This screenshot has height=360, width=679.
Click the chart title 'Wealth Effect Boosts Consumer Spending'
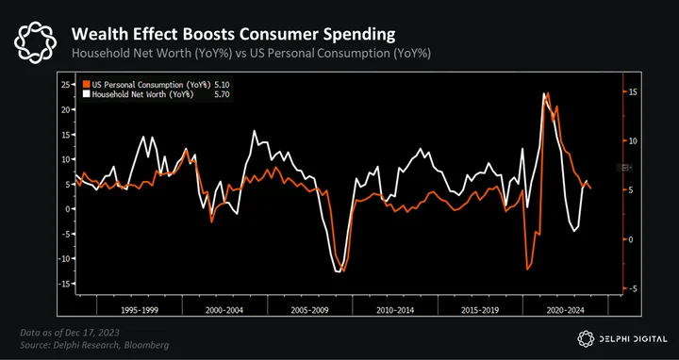(x=233, y=35)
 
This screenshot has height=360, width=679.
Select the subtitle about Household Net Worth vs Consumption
(x=251, y=54)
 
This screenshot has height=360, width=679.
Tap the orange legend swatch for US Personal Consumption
(x=87, y=85)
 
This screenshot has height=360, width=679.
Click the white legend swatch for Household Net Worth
(x=87, y=94)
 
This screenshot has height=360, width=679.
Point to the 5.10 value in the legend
(x=223, y=85)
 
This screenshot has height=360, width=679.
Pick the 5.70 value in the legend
(x=223, y=94)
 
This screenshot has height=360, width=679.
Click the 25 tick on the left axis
(x=66, y=85)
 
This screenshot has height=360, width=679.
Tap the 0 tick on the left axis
(x=68, y=209)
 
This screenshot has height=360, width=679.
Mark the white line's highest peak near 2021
(x=544, y=93)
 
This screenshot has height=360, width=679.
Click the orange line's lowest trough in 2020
(x=527, y=270)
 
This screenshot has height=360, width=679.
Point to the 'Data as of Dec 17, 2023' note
(x=70, y=333)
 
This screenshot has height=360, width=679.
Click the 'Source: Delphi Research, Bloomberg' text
(x=94, y=345)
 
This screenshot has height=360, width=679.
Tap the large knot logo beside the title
(x=36, y=42)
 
